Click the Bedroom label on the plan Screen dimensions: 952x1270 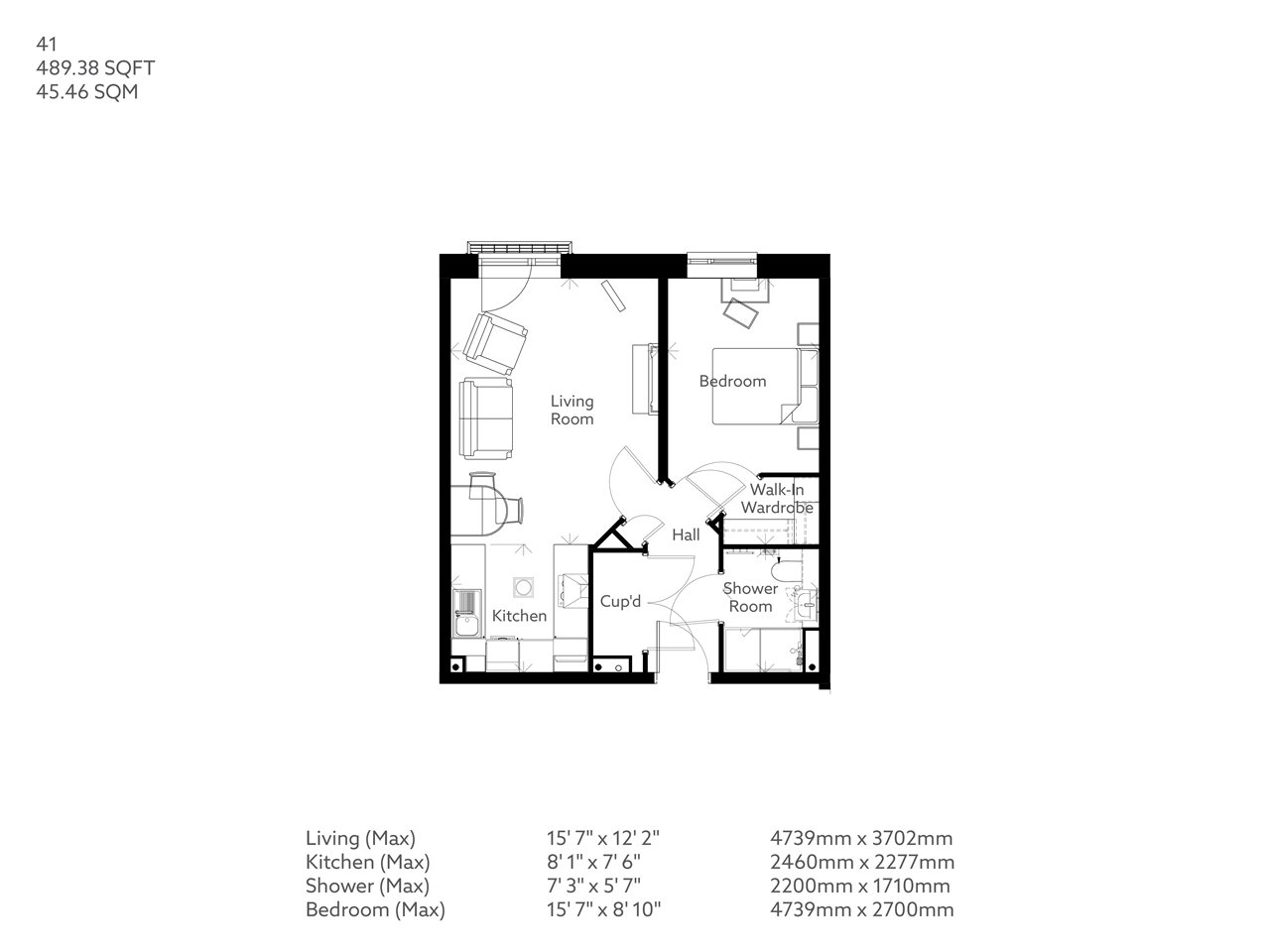tap(732, 381)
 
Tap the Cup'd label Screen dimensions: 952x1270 tap(621, 601)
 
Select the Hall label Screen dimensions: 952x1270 tap(686, 535)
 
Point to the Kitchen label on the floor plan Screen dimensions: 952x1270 tap(519, 616)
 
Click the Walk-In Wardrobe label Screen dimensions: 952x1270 tap(781, 499)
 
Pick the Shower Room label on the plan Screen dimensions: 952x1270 tap(751, 597)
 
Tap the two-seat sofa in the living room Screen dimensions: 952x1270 tap(486, 418)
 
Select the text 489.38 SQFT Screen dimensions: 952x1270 tap(95, 68)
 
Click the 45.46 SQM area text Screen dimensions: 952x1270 tap(87, 93)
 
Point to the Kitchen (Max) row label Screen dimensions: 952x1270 tap(367, 862)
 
